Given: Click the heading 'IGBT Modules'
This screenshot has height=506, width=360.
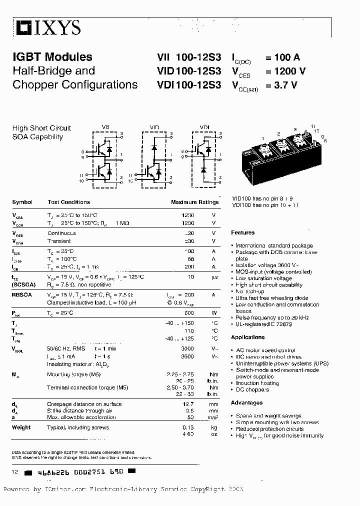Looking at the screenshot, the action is [x=52, y=57].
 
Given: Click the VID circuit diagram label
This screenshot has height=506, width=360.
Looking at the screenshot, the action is [x=154, y=127].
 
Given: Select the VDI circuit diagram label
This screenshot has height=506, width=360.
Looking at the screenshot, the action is [x=204, y=127].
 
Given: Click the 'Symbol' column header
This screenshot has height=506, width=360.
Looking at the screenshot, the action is [x=22, y=202].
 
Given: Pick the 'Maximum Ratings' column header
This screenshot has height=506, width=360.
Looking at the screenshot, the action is [x=194, y=202].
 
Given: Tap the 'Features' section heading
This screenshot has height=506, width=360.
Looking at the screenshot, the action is [x=242, y=232].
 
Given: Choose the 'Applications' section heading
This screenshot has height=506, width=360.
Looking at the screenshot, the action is [x=248, y=337].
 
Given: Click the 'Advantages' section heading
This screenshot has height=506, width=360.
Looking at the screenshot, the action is [x=246, y=402].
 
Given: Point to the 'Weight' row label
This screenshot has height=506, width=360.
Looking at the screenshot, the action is [x=21, y=427].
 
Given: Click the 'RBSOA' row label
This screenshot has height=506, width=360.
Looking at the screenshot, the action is [x=22, y=295].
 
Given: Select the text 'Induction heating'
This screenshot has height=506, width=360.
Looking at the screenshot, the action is [x=258, y=383].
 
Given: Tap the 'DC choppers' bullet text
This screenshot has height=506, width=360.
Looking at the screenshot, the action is [x=252, y=389].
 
